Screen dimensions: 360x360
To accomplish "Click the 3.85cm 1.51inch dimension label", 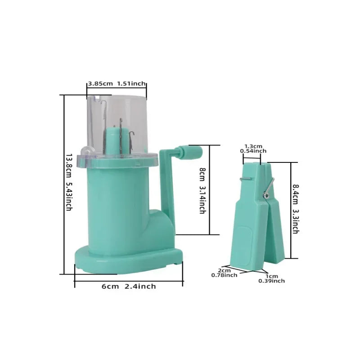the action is [x=117, y=84].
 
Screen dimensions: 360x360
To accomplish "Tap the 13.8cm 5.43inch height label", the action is [x=69, y=182].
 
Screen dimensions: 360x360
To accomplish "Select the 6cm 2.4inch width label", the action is [x=129, y=286].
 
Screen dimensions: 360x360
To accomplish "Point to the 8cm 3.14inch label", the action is [x=202, y=190].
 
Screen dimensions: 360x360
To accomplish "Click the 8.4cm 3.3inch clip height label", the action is [x=295, y=209].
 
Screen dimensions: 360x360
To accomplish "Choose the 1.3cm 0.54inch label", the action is [x=253, y=148].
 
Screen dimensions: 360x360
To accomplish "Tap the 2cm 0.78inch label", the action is [x=224, y=273].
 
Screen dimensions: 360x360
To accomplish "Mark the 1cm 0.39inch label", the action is [x=272, y=279].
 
